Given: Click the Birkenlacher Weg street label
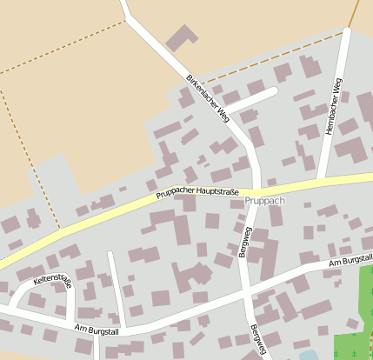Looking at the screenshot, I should click(207, 97).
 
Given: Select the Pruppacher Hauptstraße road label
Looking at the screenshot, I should click(197, 193).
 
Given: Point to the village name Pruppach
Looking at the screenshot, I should click(264, 201).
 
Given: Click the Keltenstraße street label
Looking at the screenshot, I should click(53, 283).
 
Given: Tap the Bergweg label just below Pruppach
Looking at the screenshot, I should click(244, 241).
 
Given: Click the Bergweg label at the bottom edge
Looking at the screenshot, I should click(256, 342).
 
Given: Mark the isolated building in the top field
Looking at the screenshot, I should click(182, 37).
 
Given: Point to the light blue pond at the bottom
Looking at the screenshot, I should click(308, 356).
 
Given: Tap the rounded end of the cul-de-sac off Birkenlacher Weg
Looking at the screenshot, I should click(272, 90).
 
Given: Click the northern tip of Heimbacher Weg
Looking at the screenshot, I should click(346, 32).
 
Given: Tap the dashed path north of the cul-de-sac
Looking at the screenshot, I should click(261, 71).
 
